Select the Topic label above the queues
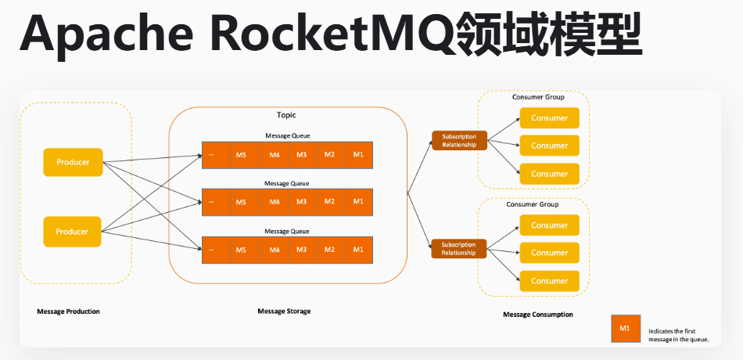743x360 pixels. (x=286, y=115)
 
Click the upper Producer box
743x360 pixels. (x=73, y=163)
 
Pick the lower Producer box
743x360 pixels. (x=73, y=232)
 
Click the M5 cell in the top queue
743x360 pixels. (x=241, y=154)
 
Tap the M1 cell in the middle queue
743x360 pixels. (x=358, y=202)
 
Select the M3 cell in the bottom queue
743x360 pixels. (x=301, y=250)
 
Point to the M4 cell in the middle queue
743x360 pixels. (x=275, y=202)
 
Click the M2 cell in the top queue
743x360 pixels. (x=330, y=154)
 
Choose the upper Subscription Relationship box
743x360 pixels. (x=459, y=141)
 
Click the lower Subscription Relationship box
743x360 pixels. (x=459, y=249)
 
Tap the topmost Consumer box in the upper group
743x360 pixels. (x=549, y=118)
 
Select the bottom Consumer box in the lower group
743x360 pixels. (x=549, y=281)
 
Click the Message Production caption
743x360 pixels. (x=68, y=311)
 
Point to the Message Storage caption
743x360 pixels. (x=284, y=311)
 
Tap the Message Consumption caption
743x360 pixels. (x=538, y=315)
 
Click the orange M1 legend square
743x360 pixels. (x=625, y=328)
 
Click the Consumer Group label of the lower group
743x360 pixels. (x=532, y=205)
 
